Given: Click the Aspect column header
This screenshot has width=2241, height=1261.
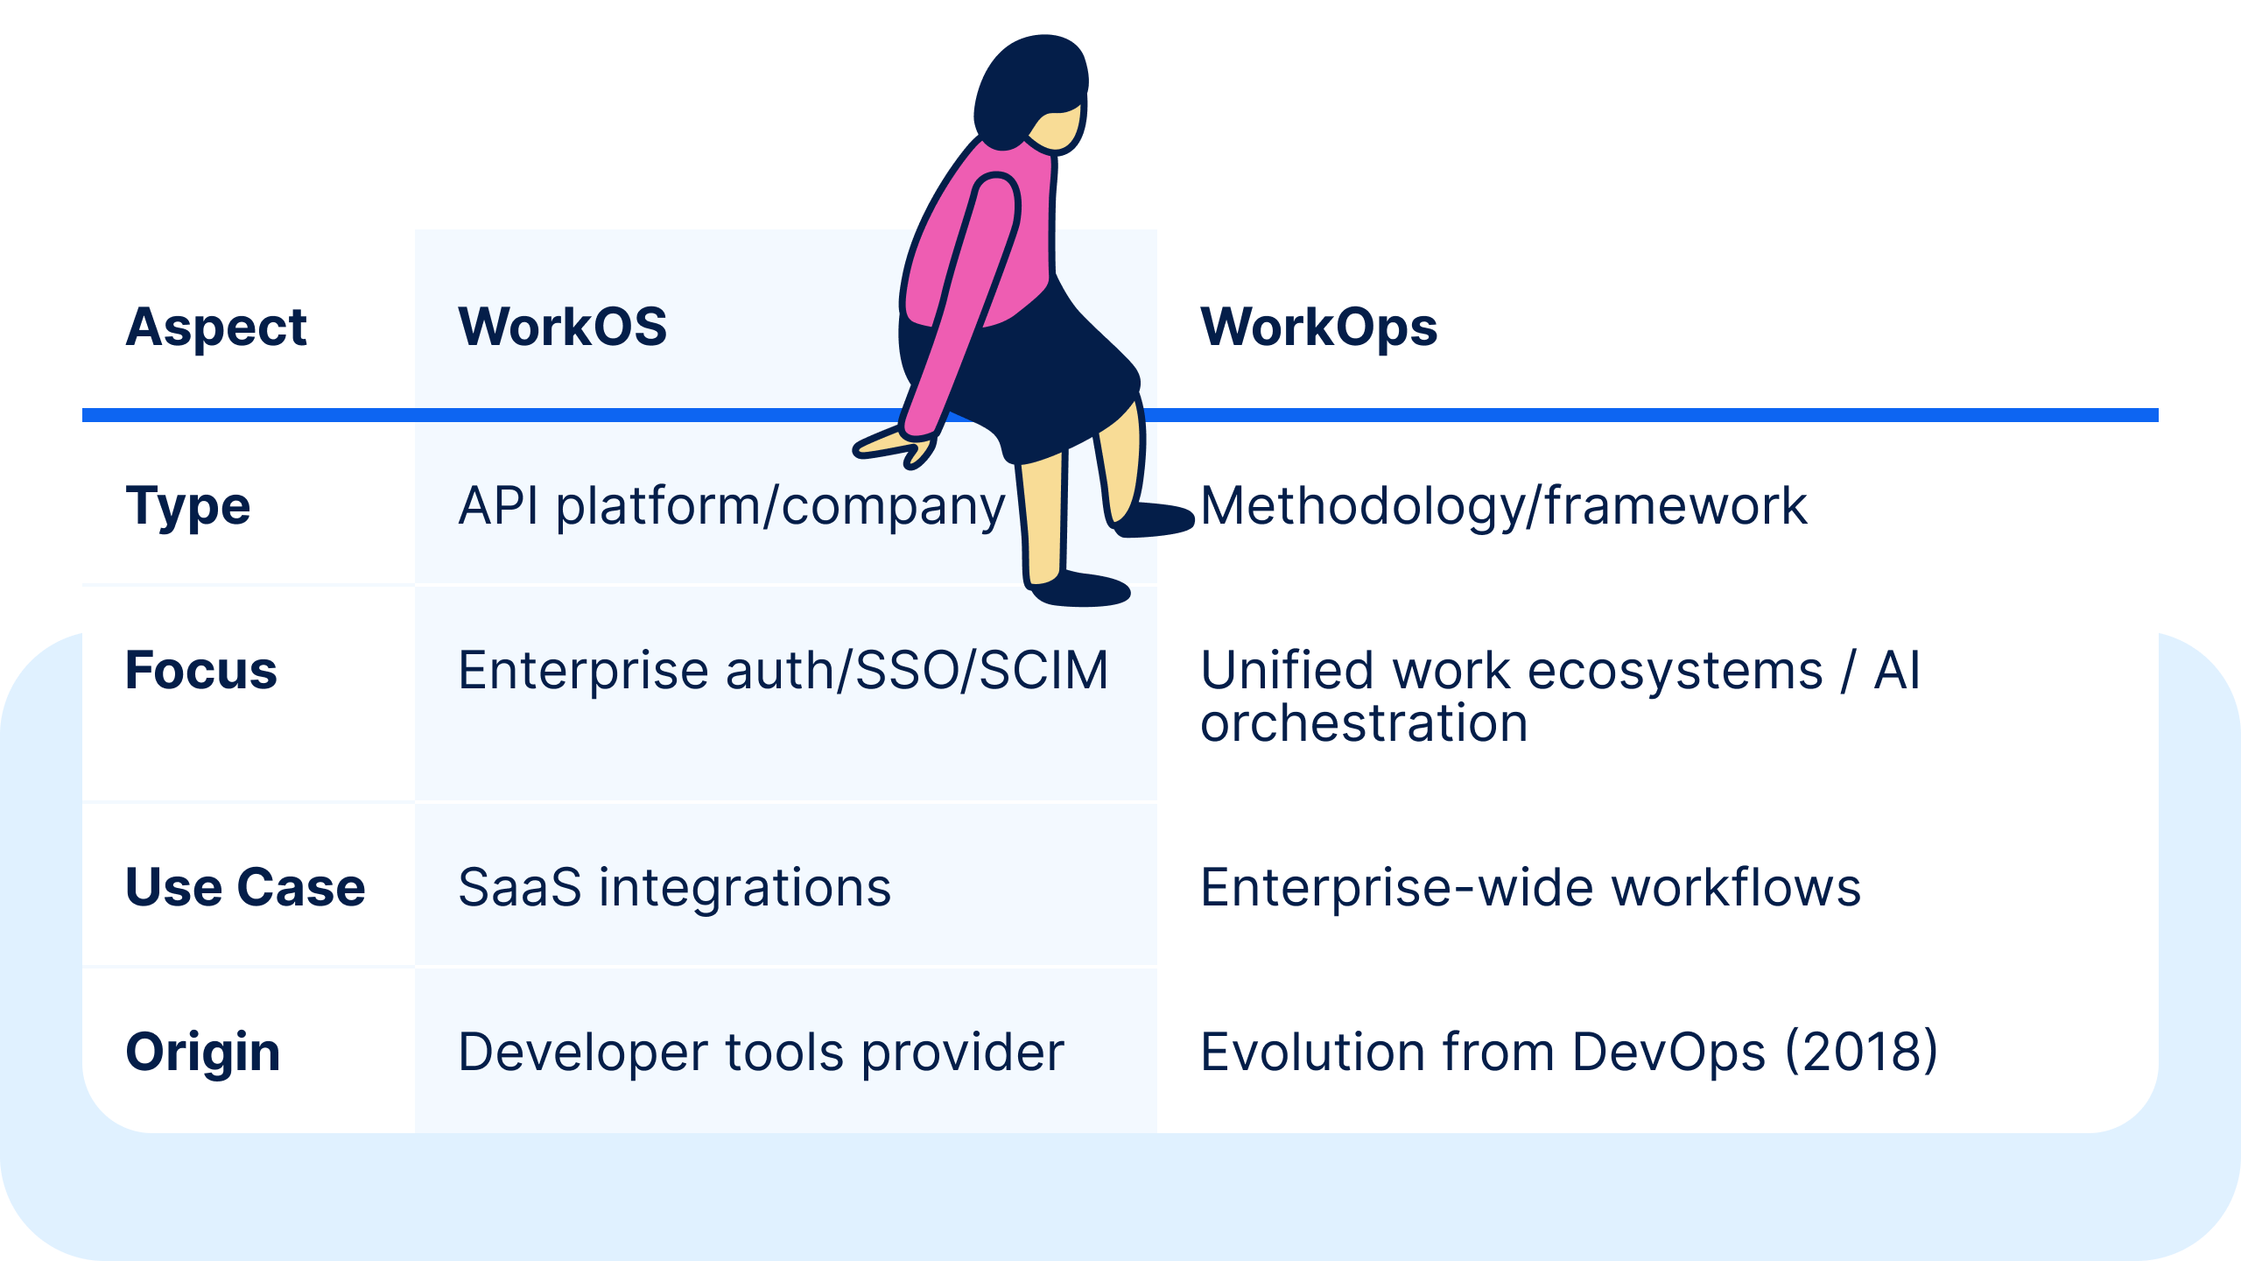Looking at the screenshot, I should point(216,328).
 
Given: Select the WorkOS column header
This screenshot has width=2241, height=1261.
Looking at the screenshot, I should point(563,328).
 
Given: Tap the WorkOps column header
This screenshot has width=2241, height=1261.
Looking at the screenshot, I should point(1318,328).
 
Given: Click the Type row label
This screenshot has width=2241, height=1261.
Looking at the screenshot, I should point(188,506).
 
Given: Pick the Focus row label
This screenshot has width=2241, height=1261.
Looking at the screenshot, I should point(201,671).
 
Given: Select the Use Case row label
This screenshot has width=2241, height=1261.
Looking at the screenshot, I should point(245,887).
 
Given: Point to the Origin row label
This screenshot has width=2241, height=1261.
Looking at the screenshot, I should point(203,1052).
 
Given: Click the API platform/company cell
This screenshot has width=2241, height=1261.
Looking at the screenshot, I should point(732,506).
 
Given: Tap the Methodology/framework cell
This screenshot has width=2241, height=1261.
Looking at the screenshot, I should point(1503,506).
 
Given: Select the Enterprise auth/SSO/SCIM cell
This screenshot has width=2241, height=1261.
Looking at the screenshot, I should point(783,671).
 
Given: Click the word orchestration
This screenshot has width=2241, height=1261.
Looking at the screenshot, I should point(1364,723).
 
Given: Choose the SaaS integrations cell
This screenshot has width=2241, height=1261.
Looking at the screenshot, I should point(674,887).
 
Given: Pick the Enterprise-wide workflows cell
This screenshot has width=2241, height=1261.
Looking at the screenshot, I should point(1530,887).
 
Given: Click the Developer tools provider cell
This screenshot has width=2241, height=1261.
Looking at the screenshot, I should point(761,1052).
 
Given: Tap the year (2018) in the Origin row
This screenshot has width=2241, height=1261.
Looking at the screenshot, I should point(1861,1052).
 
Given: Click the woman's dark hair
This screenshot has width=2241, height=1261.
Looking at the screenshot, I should point(1029,83).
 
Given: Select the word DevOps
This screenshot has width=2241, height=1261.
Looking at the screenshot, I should point(1668,1052).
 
